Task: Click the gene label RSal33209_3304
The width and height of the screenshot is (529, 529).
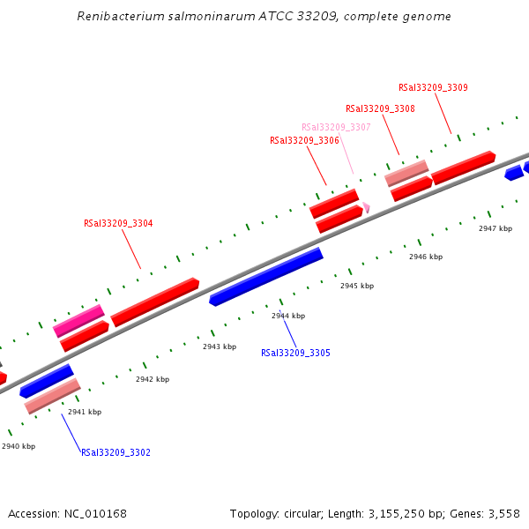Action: pos(118,223)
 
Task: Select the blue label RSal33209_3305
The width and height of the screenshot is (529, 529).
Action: pos(295,353)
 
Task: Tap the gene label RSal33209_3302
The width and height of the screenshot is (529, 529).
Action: pos(115,452)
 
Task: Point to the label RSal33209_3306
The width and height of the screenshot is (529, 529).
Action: pos(304,140)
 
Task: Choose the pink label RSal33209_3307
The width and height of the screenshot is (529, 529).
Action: pos(336,127)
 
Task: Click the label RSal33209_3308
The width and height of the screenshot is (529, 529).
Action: pos(380,108)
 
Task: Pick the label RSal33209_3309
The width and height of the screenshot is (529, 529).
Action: pos(433,87)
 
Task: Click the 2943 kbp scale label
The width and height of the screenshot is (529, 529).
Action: pos(220,346)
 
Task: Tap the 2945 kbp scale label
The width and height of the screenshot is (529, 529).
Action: pos(357,286)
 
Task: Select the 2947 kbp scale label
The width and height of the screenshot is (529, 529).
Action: pos(495,228)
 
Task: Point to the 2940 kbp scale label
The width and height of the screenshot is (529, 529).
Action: pos(19,446)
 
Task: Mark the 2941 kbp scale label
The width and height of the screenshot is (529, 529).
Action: pos(85,412)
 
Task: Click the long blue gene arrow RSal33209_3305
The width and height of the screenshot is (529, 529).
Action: pos(266,276)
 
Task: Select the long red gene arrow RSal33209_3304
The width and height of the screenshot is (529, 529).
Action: pos(154,302)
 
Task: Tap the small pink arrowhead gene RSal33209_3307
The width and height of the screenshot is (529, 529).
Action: pos(366,207)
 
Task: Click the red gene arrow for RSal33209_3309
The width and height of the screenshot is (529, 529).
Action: pos(463,167)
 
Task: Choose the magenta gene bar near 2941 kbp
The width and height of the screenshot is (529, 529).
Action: pos(78,321)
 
